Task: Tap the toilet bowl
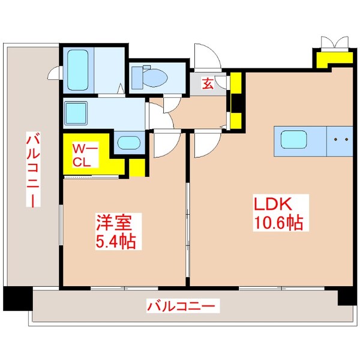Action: point(154,77)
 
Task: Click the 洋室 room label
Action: point(113,224)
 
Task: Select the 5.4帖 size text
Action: point(115,242)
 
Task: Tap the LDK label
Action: point(275,205)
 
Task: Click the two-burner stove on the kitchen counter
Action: point(340,140)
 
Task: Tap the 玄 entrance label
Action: point(207,84)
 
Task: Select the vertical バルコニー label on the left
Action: point(31,171)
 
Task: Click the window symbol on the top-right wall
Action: point(334,42)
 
